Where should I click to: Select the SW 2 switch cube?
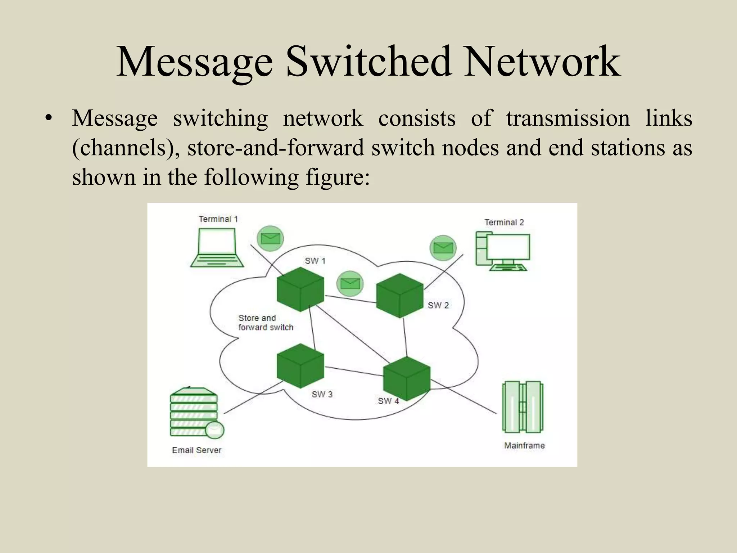pyautogui.click(x=399, y=296)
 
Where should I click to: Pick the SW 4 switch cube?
pyautogui.click(x=407, y=379)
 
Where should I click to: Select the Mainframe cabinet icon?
pyautogui.click(x=523, y=407)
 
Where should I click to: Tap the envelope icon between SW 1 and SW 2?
pyautogui.click(x=350, y=284)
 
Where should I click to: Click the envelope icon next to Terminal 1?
pyautogui.click(x=270, y=238)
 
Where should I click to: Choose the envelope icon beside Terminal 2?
pyautogui.click(x=443, y=248)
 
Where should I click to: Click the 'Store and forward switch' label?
pyautogui.click(x=266, y=323)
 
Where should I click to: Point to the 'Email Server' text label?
pyautogui.click(x=196, y=450)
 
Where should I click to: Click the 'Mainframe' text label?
pyautogui.click(x=524, y=445)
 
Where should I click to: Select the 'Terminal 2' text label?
pyautogui.click(x=504, y=222)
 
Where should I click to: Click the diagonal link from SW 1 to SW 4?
pyautogui.click(x=353, y=333)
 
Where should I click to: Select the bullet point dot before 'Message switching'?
pyautogui.click(x=48, y=118)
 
